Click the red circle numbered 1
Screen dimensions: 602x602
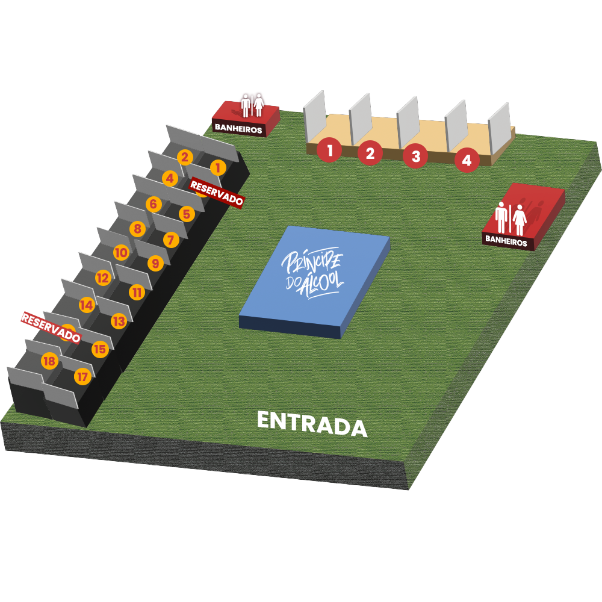tap(329, 150)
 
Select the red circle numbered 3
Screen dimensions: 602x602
tap(415, 156)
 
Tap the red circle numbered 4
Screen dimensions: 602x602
tap(467, 160)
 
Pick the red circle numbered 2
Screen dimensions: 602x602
tap(370, 153)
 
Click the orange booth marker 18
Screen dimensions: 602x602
tap(49, 361)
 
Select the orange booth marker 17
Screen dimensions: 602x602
tap(82, 377)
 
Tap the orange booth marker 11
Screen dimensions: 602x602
tap(137, 293)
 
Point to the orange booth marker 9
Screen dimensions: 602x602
tap(155, 263)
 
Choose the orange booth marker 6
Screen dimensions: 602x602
tap(153, 204)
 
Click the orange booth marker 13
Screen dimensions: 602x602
tap(119, 321)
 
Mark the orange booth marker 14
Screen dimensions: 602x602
tap(86, 305)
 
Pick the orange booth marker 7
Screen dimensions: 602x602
tap(171, 240)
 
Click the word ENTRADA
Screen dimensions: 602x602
tap(312, 423)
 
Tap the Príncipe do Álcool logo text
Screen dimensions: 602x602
tap(313, 274)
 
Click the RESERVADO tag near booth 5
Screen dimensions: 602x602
tap(217, 193)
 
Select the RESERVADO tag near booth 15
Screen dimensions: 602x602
tap(51, 327)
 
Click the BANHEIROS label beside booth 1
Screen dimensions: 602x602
tap(238, 128)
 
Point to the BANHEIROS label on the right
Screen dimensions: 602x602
tap(506, 243)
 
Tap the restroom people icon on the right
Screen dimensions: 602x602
tap(510, 219)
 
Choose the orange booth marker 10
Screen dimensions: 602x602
tap(121, 253)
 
